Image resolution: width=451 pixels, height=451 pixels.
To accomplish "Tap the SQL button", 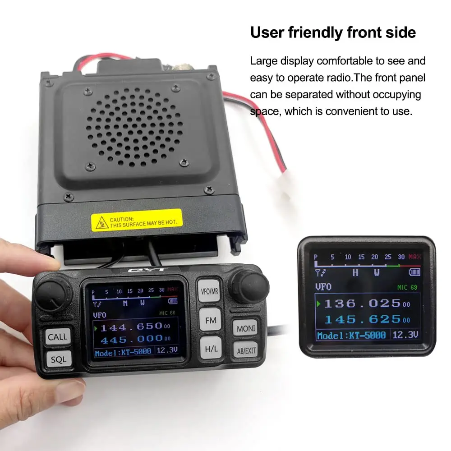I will click(58, 359).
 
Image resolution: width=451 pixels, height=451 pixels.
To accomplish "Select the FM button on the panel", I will click(210, 320).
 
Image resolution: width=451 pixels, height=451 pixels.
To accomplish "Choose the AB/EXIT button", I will click(245, 350).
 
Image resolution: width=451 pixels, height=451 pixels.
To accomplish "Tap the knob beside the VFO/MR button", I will click(249, 287).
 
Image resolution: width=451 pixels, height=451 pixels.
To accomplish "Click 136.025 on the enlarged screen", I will click(362, 304).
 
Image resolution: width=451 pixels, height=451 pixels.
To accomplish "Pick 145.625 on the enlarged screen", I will click(362, 319).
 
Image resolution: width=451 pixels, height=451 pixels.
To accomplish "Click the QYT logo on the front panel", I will click(155, 271).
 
